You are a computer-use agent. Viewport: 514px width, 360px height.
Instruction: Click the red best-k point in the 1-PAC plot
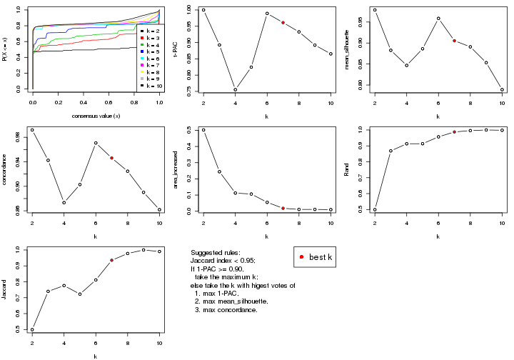click(283, 23)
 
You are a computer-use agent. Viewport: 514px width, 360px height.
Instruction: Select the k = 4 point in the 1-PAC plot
click(236, 89)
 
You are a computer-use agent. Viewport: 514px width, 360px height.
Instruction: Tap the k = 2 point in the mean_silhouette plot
click(375, 10)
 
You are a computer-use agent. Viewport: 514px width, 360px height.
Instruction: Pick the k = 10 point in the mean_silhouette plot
click(502, 90)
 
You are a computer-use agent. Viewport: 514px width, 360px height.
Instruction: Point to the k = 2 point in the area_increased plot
click(203, 130)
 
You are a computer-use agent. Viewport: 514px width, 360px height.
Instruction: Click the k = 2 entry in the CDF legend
click(149, 31)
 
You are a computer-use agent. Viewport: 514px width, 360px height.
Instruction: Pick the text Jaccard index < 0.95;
click(223, 261)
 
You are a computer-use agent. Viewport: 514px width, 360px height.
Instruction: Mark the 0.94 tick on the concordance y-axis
click(22, 161)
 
